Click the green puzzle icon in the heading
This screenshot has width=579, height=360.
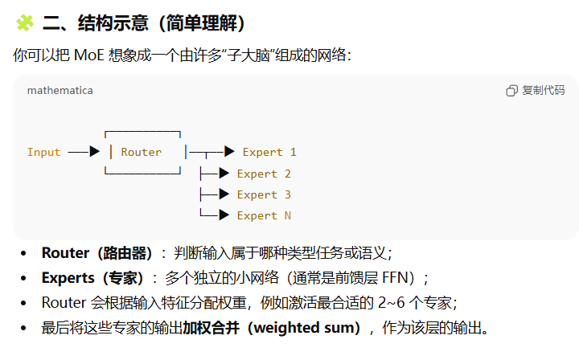point(25,23)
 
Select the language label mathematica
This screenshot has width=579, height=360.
point(60,90)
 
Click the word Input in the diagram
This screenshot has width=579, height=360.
point(43,152)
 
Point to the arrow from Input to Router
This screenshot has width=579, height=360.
point(84,151)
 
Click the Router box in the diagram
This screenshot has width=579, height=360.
point(142,152)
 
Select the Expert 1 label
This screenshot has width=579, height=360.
point(269,152)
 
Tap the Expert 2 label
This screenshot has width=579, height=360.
point(264,174)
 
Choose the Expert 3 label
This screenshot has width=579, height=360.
point(264,194)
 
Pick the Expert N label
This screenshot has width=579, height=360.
point(264,215)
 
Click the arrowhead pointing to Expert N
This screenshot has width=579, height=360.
point(225,215)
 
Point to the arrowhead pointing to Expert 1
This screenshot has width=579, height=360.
point(229,151)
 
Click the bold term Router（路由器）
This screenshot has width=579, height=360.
point(97,253)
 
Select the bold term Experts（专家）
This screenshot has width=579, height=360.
point(92,278)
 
